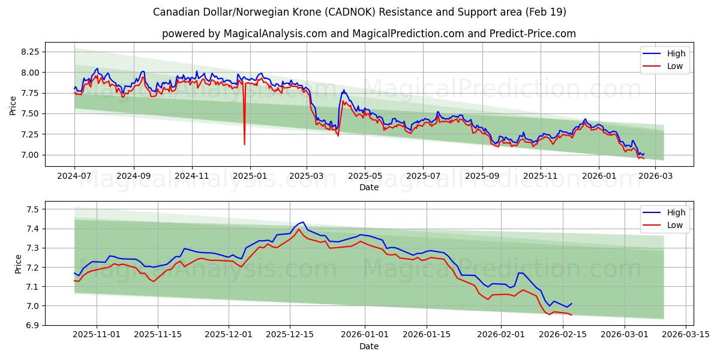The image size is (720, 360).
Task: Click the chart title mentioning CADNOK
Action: (359, 12)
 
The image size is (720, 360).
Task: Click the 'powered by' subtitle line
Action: (368, 34)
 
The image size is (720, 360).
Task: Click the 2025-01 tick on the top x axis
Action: (250, 176)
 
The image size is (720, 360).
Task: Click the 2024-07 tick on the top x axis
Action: (74, 176)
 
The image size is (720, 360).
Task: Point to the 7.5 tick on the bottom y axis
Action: (33, 209)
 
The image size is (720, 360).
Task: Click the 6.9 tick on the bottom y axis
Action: (33, 325)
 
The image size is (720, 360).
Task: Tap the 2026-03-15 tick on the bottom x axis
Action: (686, 335)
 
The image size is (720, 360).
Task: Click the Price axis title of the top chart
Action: (13, 105)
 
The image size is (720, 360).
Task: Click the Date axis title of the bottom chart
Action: (368, 346)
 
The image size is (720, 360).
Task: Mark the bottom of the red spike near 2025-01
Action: (244, 144)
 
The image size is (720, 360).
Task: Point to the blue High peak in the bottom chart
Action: (302, 222)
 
